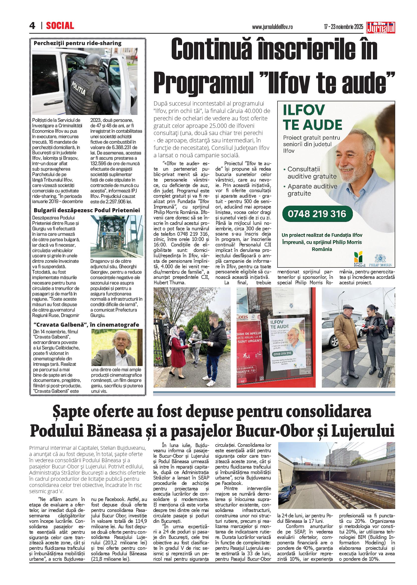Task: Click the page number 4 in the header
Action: point(32,26)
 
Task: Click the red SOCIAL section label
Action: point(60,26)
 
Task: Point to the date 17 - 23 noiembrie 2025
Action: point(343,27)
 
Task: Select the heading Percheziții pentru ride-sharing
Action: point(78,43)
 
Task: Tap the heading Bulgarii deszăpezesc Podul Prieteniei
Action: point(87,211)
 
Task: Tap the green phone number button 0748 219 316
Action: point(317,214)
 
